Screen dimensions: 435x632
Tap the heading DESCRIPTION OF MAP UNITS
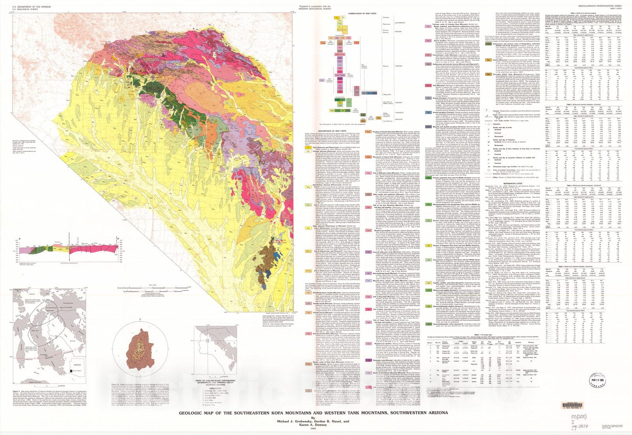pos(329,130)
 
